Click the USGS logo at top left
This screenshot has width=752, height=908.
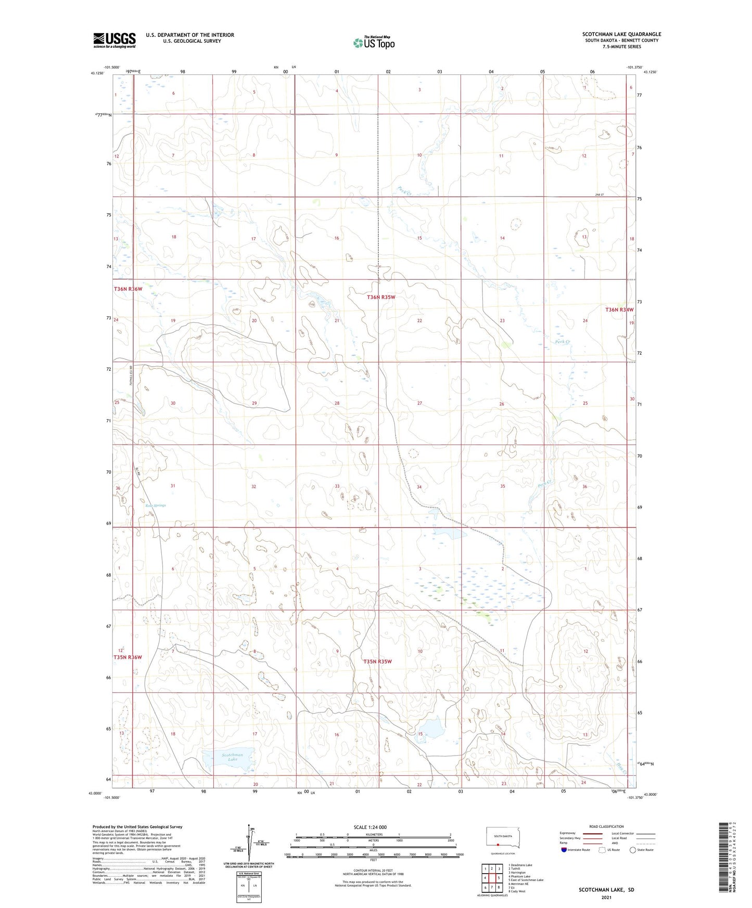pos(114,40)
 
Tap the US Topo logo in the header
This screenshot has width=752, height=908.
pos(374,43)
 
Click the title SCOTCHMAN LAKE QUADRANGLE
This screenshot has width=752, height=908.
pos(621,34)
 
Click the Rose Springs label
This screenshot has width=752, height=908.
pos(156,505)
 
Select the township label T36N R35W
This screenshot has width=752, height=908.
pos(381,297)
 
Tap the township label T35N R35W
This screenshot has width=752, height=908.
pos(377,661)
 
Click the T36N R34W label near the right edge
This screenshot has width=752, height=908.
pos(619,309)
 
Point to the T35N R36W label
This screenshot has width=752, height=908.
pos(128,657)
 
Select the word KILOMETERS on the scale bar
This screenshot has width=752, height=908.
pos(373,834)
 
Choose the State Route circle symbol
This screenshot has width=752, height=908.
pos(633,850)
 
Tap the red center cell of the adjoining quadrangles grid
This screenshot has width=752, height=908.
pos(492,878)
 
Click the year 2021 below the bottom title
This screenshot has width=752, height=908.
pos(606,898)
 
